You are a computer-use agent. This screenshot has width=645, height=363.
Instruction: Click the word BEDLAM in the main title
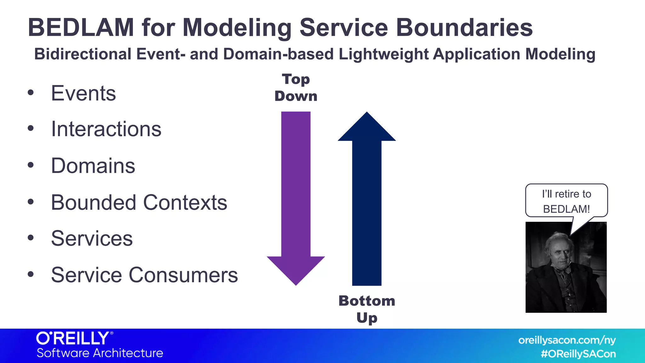coord(81,28)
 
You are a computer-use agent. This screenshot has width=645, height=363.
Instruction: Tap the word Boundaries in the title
coord(464,28)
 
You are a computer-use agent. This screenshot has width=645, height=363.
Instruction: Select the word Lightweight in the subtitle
coord(383,54)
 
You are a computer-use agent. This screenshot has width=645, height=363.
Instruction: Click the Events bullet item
coord(83,94)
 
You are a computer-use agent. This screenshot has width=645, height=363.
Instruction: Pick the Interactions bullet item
coord(106,130)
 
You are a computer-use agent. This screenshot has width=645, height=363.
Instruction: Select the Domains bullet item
coord(93,166)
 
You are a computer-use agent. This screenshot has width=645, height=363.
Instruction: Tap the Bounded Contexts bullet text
coord(139,203)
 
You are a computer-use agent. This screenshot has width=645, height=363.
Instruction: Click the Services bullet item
coord(92,239)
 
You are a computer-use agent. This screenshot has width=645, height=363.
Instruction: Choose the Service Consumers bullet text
coord(144,275)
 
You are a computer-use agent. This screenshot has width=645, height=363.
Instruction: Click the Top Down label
coord(296,88)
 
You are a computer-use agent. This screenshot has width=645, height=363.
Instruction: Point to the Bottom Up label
coord(367,309)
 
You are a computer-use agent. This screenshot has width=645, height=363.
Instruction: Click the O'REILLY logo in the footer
coord(74,338)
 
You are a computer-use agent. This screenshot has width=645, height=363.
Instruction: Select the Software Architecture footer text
coord(100,353)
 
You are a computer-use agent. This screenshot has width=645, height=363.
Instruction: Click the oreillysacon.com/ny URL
coord(567,340)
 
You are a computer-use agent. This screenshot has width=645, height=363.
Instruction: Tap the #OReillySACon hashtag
coord(578,354)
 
